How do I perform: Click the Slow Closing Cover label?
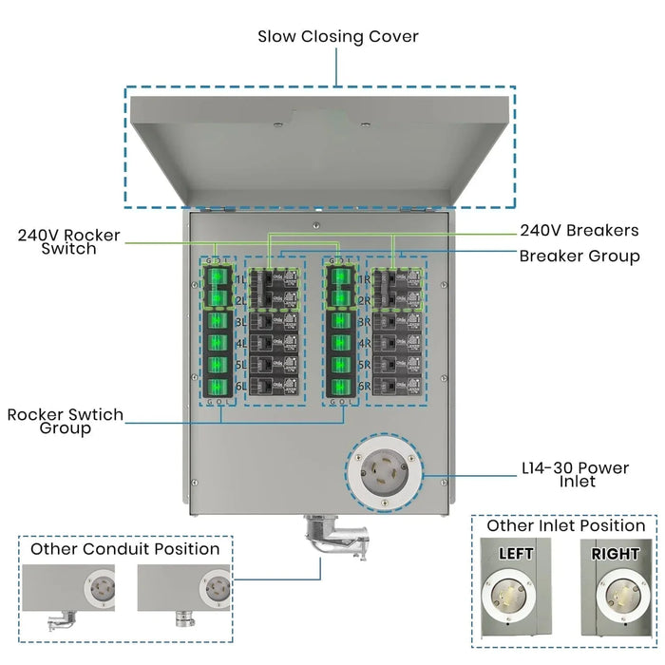pos(338,37)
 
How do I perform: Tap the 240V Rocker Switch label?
pos(68,241)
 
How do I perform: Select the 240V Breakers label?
pos(579,230)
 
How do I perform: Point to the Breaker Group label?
pos(579,256)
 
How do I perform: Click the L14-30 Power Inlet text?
pos(576,474)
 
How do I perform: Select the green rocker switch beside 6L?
pos(218,387)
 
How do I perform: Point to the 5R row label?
pos(363,367)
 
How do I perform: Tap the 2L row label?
pos(239,301)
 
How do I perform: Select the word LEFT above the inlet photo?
pos(514,553)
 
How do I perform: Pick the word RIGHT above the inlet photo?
pos(615,553)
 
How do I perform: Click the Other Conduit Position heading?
pos(124,549)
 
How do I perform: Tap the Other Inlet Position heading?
pos(565,525)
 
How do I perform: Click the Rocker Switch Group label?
pos(65,422)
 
